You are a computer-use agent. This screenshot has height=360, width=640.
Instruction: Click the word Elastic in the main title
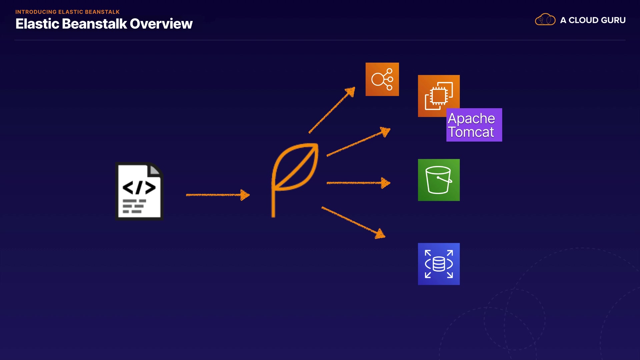(x=37, y=24)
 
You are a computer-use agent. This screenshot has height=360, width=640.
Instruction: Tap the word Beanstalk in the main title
(x=94, y=24)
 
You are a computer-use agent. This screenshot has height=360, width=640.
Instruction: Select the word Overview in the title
(x=161, y=24)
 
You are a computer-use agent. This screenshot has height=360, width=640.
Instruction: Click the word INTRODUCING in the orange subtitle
(x=36, y=12)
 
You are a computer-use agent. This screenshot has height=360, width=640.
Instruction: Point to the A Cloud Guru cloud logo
(x=545, y=20)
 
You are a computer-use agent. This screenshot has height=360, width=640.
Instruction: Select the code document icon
(x=139, y=191)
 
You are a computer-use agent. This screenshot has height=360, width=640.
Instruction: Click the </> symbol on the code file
(x=139, y=187)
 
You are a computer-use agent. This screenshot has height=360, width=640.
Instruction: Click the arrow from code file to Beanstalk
(x=217, y=195)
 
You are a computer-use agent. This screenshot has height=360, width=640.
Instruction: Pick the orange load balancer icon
(x=382, y=79)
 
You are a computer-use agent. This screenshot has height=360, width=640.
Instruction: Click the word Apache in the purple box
(x=471, y=118)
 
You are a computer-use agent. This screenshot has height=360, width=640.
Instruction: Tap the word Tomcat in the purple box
(x=470, y=132)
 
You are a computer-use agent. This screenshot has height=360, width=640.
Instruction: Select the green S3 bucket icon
(x=439, y=180)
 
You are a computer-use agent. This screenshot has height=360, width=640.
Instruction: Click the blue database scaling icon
(x=439, y=264)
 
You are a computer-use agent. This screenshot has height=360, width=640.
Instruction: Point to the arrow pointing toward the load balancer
(x=332, y=110)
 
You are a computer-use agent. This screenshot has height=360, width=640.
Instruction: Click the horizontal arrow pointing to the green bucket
(x=358, y=183)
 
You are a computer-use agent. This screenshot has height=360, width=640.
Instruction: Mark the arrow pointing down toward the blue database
(x=353, y=222)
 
